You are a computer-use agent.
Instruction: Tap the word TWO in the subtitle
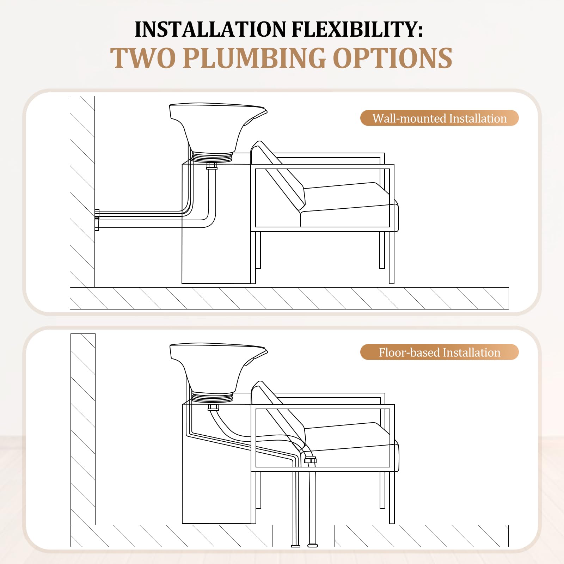pos(143,58)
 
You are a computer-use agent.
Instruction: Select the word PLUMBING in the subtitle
pos(254,58)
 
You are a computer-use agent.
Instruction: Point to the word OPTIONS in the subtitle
pos(393,58)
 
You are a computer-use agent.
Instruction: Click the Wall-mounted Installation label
pos(439,118)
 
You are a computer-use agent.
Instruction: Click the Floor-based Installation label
pos(439,352)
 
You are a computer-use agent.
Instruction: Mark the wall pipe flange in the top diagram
pos(97,220)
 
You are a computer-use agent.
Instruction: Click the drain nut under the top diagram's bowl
pos(212,166)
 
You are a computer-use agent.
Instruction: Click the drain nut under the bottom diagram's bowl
pos(213,407)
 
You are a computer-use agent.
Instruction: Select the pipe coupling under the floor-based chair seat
pos(310,460)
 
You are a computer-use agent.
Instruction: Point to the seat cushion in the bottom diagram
pos(351,445)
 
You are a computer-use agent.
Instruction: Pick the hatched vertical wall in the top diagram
pos(82,191)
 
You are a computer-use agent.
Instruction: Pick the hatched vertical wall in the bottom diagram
pos(83,429)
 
